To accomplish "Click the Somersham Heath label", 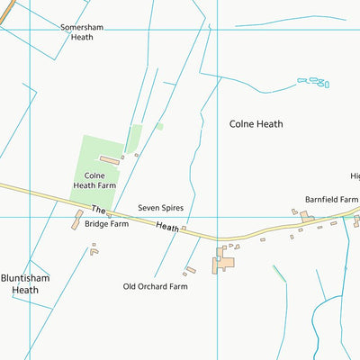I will click(82, 32).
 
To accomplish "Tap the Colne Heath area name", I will click(256, 124).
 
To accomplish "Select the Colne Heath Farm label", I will click(100, 180).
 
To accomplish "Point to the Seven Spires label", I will click(160, 208).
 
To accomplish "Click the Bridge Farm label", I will click(107, 224).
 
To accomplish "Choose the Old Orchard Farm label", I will click(155, 286).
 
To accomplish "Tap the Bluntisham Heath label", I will click(19, 284).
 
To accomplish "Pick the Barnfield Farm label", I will click(331, 199).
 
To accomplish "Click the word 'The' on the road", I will click(99, 209).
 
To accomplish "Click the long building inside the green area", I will click(109, 160).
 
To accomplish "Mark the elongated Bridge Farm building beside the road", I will click(77, 220).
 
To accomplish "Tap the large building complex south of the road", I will click(223, 263).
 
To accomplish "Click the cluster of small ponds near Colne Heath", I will click(314, 83).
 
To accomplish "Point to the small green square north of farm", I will click(159, 126).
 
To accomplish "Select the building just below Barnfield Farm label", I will click(307, 216).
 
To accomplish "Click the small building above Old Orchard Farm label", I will click(190, 269).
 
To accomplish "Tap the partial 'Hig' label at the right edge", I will click(355, 176).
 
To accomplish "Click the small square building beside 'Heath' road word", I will click(183, 229).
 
